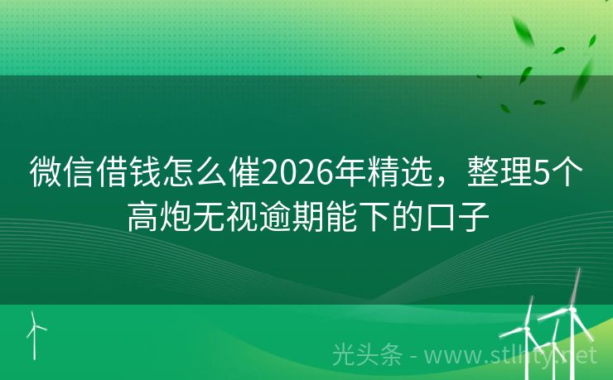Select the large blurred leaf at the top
point(524,31)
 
